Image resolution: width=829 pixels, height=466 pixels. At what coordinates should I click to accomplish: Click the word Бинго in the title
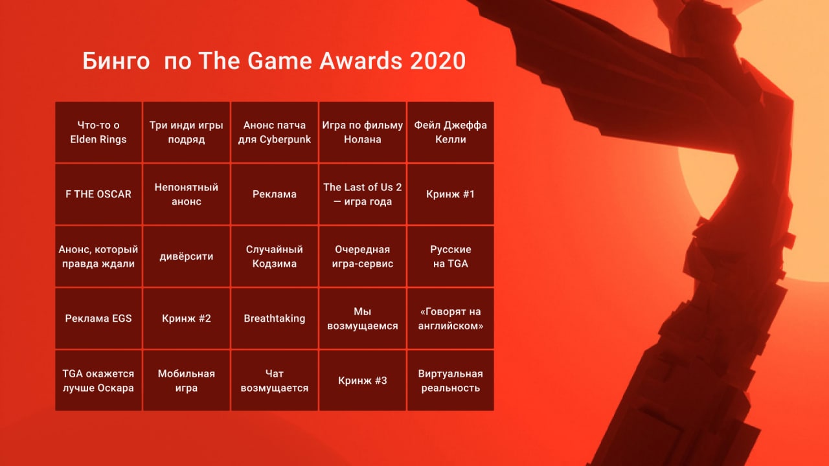[x=116, y=61]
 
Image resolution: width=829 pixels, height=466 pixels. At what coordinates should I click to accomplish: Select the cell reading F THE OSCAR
[x=98, y=194]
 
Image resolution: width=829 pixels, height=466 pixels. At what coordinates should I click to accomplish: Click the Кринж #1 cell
[x=450, y=194]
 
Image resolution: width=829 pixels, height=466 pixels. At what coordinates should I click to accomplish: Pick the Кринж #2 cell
[x=187, y=318]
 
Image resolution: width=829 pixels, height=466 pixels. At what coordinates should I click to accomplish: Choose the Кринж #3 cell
[x=363, y=381]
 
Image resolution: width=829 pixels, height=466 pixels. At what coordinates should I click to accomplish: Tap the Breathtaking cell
[x=275, y=318]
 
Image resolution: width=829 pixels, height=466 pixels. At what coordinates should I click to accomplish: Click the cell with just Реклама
[x=275, y=194]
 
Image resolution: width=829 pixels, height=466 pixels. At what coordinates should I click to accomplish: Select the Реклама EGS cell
[x=98, y=318]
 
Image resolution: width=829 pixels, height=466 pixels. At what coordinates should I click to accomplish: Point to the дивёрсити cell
[x=187, y=256]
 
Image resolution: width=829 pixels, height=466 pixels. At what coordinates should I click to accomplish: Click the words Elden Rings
[x=98, y=139]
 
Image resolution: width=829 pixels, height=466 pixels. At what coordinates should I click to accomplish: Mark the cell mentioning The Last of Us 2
[x=363, y=194]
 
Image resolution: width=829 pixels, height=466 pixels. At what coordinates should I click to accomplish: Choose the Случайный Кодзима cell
[x=275, y=256]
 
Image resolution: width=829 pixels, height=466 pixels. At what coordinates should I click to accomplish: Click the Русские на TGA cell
[x=450, y=256]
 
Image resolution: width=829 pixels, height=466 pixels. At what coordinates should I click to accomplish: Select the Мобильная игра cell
[x=187, y=381]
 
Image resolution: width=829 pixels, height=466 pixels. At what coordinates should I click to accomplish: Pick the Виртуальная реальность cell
[x=450, y=381]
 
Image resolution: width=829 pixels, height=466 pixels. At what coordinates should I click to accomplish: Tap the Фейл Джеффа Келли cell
[x=450, y=132]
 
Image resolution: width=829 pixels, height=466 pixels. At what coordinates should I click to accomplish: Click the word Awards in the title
[x=361, y=61]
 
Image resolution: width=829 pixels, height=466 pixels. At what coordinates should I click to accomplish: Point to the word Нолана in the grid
[x=363, y=139]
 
